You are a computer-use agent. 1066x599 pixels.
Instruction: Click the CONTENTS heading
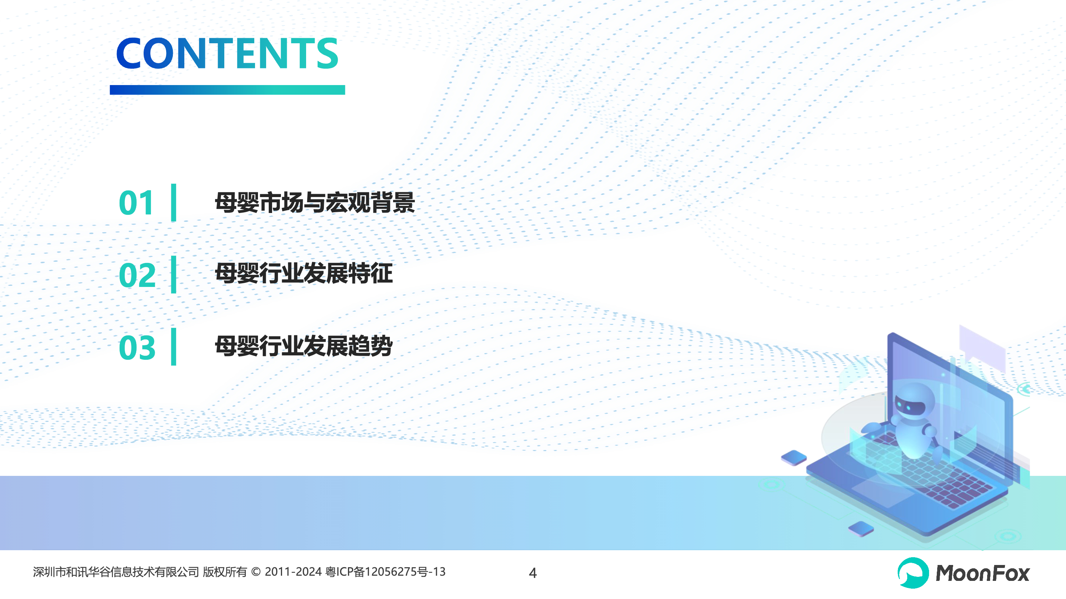227,53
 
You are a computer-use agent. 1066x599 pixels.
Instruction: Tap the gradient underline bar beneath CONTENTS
227,90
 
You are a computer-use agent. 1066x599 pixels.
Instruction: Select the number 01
136,203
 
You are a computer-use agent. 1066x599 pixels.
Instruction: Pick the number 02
137,275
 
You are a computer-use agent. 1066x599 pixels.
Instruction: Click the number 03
137,348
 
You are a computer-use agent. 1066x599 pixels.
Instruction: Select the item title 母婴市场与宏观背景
315,203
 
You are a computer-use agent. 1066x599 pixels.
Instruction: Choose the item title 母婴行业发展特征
304,274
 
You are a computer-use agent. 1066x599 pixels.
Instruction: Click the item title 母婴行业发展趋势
304,346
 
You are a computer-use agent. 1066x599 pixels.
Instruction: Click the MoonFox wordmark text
982,573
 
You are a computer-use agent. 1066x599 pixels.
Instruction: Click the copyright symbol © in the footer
256,572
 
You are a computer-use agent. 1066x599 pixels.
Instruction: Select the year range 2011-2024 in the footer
293,572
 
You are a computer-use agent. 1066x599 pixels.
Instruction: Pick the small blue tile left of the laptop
794,458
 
